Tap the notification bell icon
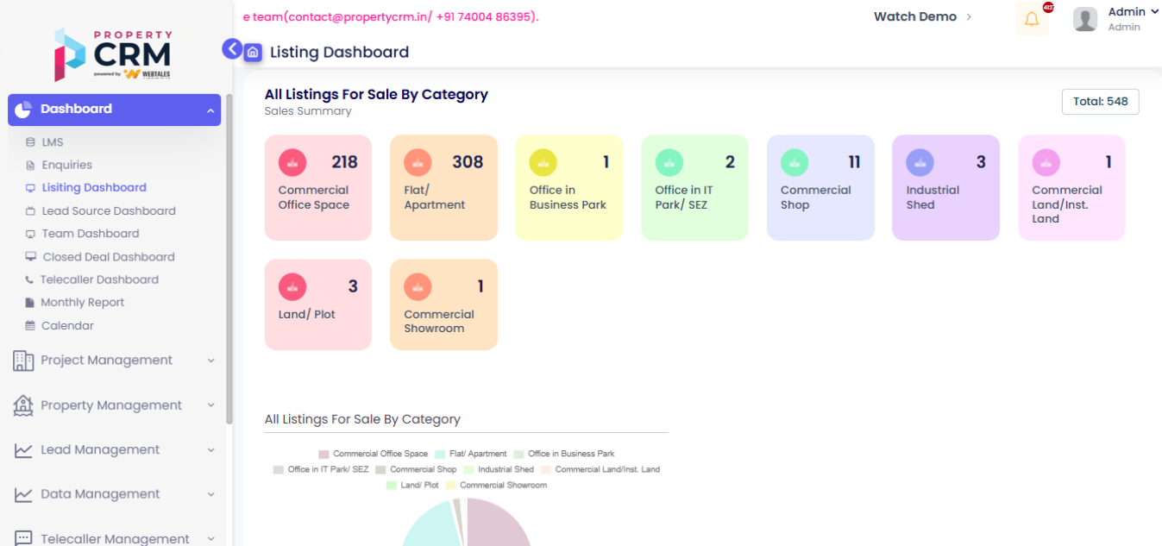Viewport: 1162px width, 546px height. pos(1032,19)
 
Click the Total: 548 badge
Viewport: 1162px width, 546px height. pos(1100,102)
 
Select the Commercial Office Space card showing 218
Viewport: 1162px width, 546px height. pos(317,187)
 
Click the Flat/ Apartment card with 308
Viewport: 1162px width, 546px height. pos(443,187)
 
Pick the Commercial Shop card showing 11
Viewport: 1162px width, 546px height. pos(820,187)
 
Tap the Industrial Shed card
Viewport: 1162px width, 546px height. pos(945,187)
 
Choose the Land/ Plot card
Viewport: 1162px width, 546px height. pos(317,304)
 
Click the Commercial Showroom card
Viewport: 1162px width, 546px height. pos(443,304)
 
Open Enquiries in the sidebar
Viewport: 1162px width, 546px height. pos(66,165)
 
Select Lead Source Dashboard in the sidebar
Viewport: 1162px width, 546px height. pos(108,210)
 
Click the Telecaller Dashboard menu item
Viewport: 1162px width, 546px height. pos(98,279)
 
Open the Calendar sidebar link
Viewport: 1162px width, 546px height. pos(67,325)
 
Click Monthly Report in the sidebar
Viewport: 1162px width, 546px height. pos(82,303)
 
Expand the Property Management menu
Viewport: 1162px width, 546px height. pos(112,405)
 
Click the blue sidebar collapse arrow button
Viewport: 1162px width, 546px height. pos(232,49)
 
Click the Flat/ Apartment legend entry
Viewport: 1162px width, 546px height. pos(471,454)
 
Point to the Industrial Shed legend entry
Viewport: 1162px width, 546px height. pos(499,469)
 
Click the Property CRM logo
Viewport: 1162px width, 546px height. pos(113,54)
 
